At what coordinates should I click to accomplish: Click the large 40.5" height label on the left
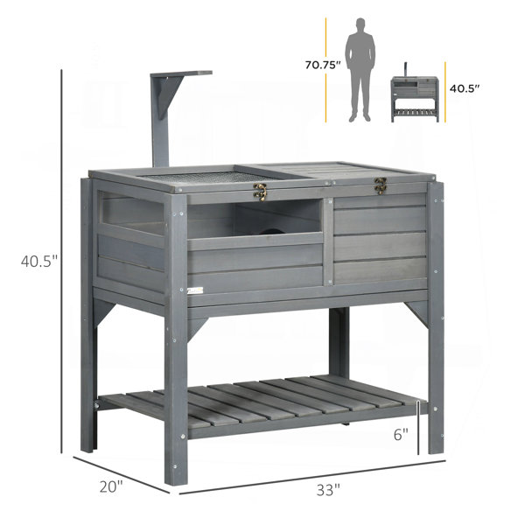point(39,261)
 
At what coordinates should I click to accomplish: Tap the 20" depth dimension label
point(111,486)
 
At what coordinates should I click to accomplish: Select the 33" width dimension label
point(328,490)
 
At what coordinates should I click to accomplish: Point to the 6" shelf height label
point(401,435)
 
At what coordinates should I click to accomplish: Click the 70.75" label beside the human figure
point(323,65)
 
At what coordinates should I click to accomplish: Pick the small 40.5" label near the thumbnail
point(465,88)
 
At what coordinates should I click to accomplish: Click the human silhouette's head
point(360,24)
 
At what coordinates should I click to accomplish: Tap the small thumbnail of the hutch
point(415,92)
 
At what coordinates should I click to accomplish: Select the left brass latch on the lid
point(260,192)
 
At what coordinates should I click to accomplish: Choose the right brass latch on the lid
point(380,185)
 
